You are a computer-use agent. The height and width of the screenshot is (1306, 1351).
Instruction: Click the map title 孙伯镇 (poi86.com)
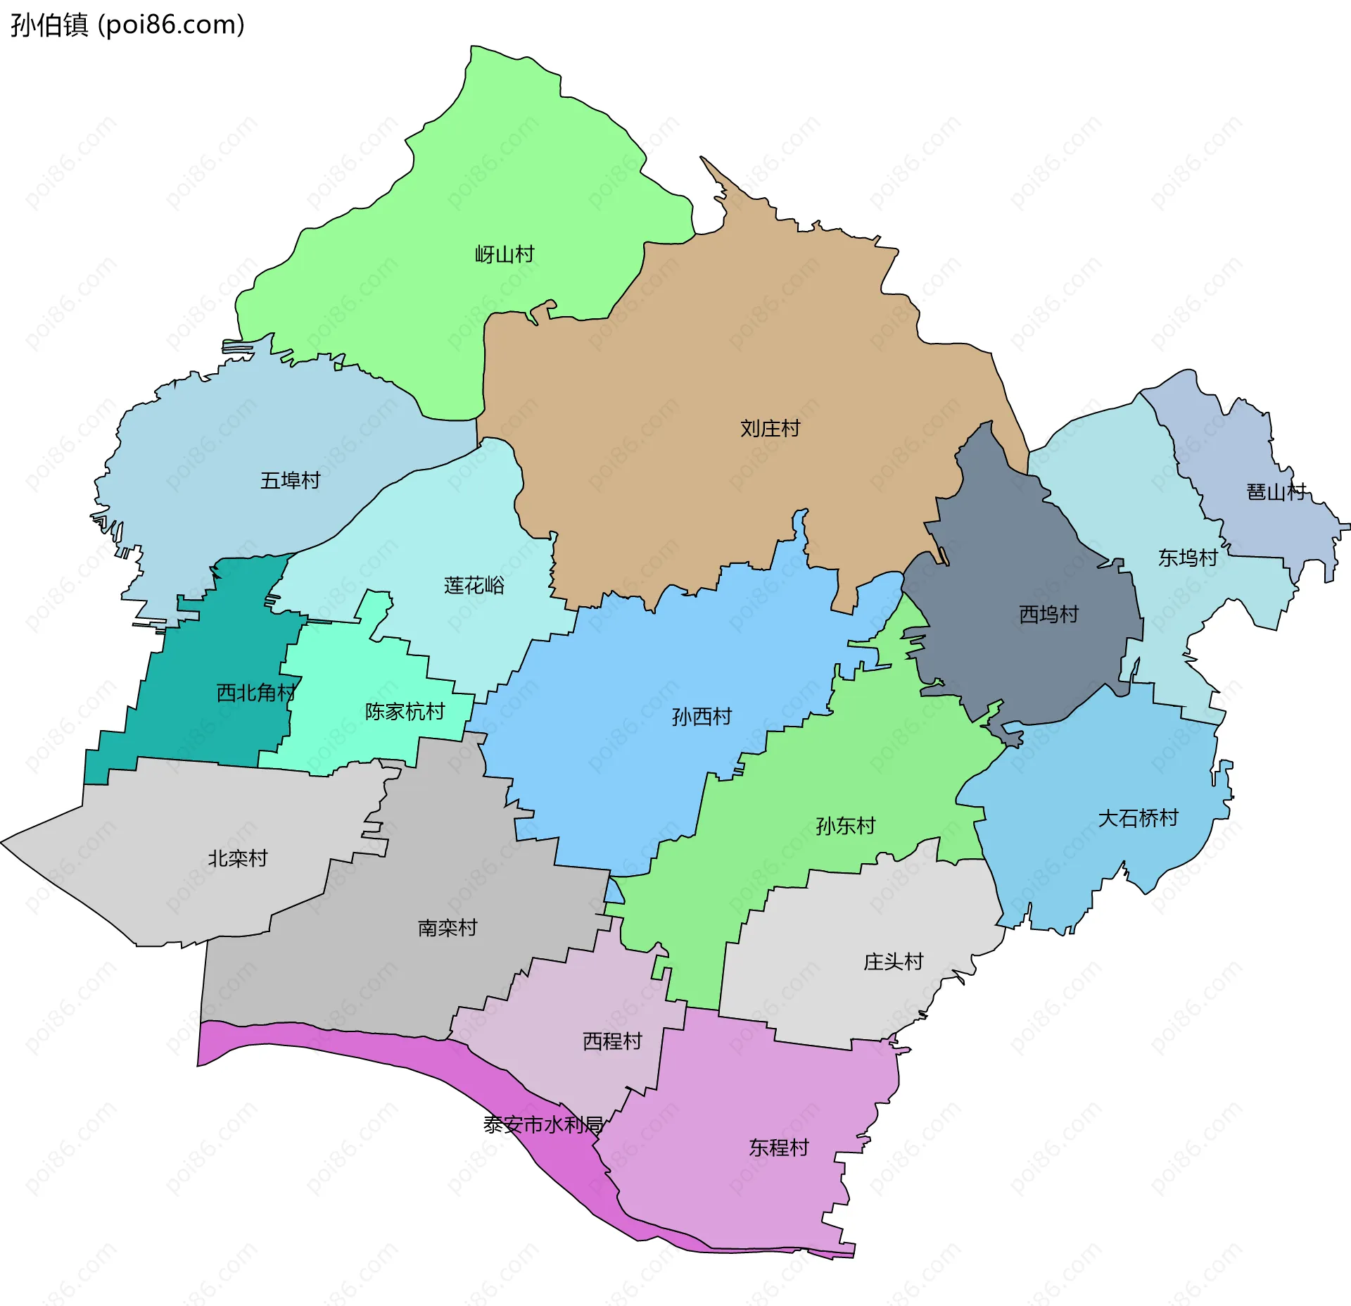127,25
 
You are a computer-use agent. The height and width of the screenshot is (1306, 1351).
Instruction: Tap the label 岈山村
505,254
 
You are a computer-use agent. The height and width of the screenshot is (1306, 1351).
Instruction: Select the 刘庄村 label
770,428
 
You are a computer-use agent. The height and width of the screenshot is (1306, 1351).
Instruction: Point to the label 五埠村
290,480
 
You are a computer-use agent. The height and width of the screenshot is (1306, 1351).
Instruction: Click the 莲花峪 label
474,585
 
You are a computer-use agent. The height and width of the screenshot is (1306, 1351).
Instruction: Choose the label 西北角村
255,693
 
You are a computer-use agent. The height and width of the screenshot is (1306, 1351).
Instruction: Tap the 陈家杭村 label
405,712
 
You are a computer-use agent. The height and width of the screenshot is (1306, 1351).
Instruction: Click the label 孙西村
702,717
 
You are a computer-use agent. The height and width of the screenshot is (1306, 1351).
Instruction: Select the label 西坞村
1048,615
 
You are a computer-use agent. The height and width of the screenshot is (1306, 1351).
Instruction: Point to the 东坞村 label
1188,558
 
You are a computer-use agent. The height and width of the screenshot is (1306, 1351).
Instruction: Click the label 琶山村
1276,491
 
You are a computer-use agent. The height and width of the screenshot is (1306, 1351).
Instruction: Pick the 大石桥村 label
1138,818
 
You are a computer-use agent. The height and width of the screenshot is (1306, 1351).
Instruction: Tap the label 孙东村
845,826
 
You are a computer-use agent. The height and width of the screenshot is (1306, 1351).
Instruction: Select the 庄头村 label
893,962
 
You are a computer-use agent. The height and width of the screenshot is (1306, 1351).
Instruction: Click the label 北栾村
237,858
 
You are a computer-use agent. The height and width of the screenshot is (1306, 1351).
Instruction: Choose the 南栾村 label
447,928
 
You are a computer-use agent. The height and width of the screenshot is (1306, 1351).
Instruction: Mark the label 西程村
612,1041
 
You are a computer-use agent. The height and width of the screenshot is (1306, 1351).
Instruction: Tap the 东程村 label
778,1148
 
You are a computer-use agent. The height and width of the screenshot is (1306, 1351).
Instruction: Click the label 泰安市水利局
543,1125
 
